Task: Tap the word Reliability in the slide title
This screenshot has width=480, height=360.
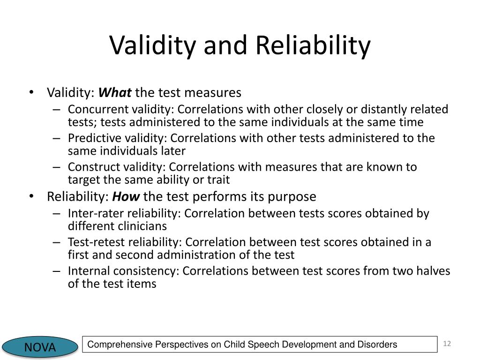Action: (x=313, y=45)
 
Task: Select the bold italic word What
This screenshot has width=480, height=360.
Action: (x=115, y=93)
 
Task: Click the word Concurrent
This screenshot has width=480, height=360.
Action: (x=97, y=110)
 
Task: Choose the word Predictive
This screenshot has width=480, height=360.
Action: (x=94, y=138)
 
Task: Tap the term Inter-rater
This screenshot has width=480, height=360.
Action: (x=93, y=214)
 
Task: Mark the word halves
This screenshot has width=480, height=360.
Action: (x=431, y=271)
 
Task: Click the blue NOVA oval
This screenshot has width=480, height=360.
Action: (x=40, y=347)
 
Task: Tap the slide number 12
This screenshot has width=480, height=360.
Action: (x=447, y=345)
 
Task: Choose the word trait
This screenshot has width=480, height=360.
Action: (x=218, y=180)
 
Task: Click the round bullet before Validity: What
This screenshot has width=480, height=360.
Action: (x=31, y=92)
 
